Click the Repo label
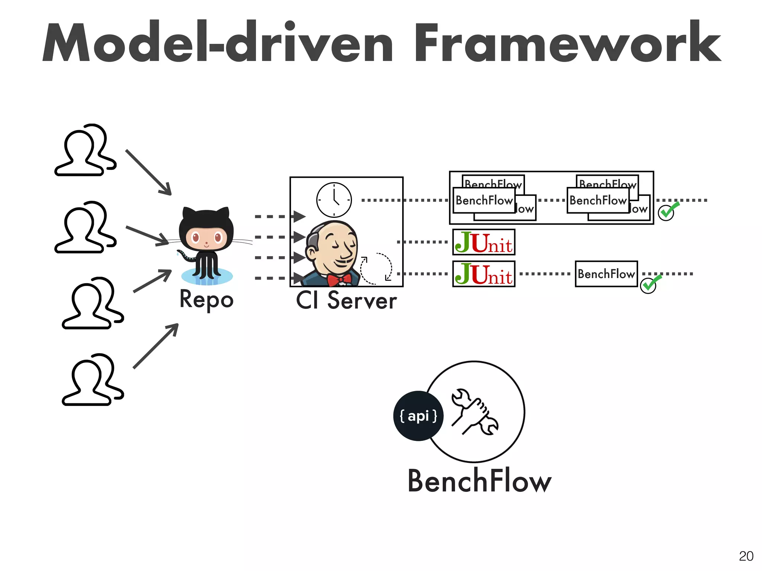point(206,300)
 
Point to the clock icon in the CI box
point(334,200)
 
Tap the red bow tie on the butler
point(339,279)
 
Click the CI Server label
point(346,300)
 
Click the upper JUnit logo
point(484,242)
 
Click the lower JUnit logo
point(484,274)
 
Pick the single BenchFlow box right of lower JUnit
point(606,274)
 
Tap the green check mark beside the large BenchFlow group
point(667,212)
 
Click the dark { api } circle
point(418,416)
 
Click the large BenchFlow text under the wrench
point(479,481)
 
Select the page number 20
point(746,556)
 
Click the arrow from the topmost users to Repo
point(149,173)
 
